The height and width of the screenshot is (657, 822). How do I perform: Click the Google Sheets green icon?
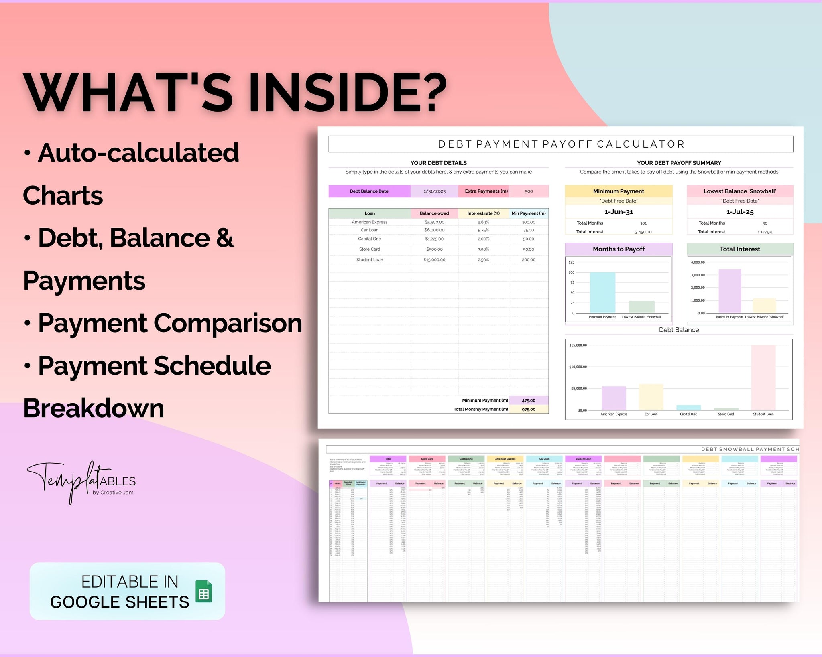point(204,591)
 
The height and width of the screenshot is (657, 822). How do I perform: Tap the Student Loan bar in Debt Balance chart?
point(763,377)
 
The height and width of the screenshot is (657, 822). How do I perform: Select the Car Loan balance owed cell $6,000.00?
point(434,230)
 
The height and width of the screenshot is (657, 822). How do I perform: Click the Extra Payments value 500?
point(529,191)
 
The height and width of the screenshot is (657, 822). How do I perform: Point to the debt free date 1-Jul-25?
point(740,212)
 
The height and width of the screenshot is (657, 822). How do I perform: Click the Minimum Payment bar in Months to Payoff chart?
point(602,292)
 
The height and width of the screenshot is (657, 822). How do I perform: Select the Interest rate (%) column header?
point(483,213)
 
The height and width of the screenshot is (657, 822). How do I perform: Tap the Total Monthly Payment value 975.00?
point(529,409)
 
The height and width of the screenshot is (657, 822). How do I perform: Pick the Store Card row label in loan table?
point(369,249)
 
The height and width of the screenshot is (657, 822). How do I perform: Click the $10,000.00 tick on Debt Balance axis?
point(578,367)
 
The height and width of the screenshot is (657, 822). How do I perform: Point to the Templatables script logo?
point(80,481)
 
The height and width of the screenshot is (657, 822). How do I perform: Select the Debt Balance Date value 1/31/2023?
point(434,191)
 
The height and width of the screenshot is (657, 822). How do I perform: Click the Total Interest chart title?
point(740,249)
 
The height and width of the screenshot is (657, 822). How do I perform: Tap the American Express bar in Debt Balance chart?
point(613,398)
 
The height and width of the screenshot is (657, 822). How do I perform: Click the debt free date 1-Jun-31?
point(619,212)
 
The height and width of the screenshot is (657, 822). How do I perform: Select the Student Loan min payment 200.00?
point(529,260)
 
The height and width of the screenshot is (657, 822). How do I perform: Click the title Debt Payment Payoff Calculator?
point(561,144)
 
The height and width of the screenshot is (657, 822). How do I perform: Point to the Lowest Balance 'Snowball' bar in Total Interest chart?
point(764,306)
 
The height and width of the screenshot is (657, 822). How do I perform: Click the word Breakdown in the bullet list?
point(94,408)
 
